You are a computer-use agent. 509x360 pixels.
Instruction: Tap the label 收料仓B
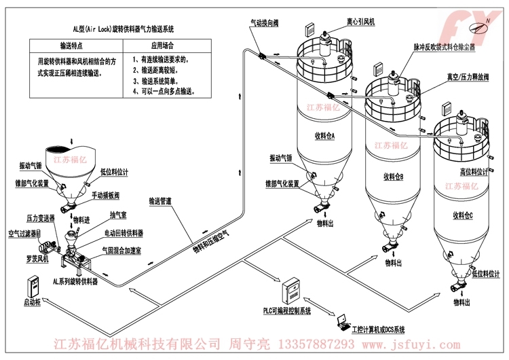pyautogui.click(x=393, y=177)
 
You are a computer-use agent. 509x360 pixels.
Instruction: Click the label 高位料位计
pyautogui.click(x=474, y=171)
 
